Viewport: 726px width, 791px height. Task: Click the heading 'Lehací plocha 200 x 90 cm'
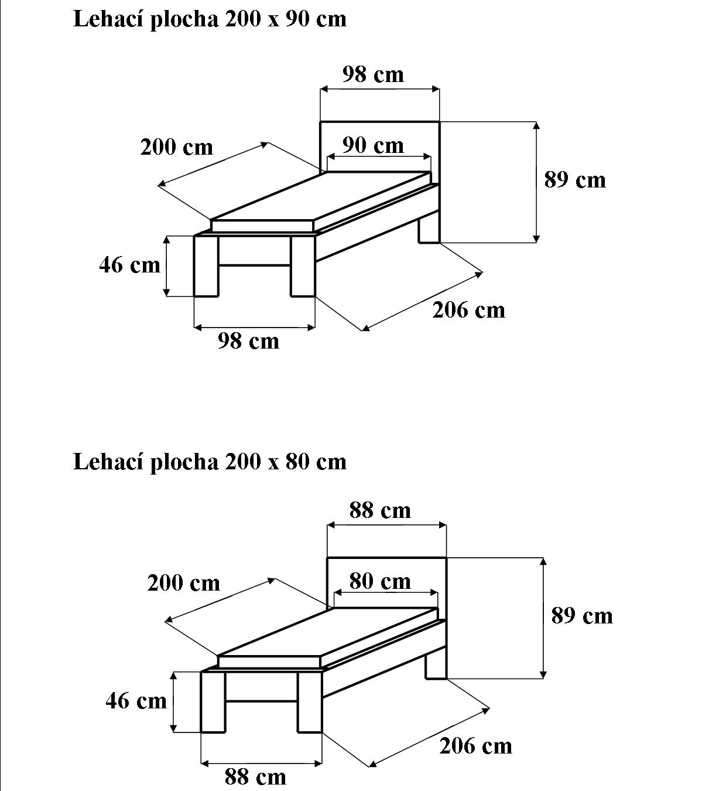[x=210, y=19]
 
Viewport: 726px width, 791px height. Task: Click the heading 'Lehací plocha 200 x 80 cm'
[x=210, y=462]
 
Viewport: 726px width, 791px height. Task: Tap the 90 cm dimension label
[x=373, y=145]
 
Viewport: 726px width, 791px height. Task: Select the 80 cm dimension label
[x=380, y=581]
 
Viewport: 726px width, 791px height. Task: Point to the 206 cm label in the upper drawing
[x=468, y=310]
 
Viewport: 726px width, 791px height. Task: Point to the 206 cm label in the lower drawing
[x=475, y=746]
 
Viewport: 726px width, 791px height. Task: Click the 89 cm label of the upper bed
[x=575, y=180]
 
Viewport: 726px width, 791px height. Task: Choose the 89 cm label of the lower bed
[x=582, y=616]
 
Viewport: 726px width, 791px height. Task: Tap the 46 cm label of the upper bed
[x=129, y=265]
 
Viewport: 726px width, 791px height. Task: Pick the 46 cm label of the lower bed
[x=136, y=701]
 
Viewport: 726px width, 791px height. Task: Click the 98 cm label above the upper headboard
[x=373, y=75]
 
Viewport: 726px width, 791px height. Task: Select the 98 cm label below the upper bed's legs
[x=248, y=341]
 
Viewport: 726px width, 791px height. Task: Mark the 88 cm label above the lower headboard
[x=380, y=511]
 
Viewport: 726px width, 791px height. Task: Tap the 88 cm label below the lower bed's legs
[x=255, y=778]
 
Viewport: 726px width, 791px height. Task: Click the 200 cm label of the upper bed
[x=176, y=147]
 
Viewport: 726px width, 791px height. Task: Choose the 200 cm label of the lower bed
[x=183, y=584]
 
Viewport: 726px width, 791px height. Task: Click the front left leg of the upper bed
[x=206, y=267]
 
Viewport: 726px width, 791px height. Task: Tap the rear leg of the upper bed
[x=429, y=230]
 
